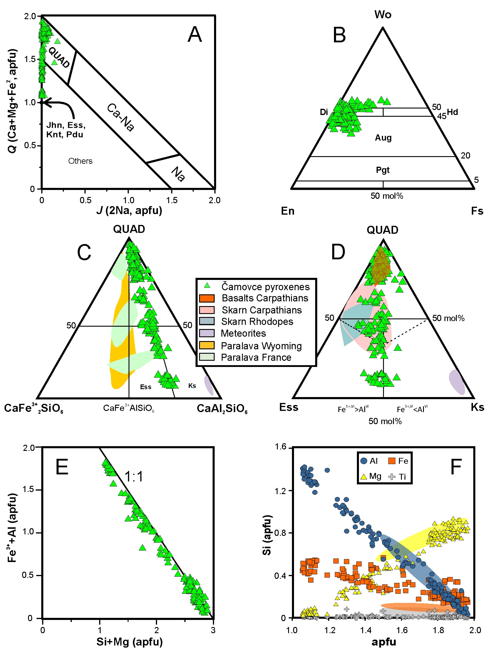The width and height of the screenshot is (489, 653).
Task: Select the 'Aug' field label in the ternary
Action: tap(383, 138)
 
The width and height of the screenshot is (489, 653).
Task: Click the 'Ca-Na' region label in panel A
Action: tap(120, 117)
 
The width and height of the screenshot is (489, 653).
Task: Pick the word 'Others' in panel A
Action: tap(80, 161)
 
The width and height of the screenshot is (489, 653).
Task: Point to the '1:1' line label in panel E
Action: tap(134, 476)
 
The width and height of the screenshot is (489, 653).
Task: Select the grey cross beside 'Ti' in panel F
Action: tap(392, 476)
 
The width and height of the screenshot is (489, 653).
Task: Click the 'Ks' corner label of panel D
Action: tap(477, 407)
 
